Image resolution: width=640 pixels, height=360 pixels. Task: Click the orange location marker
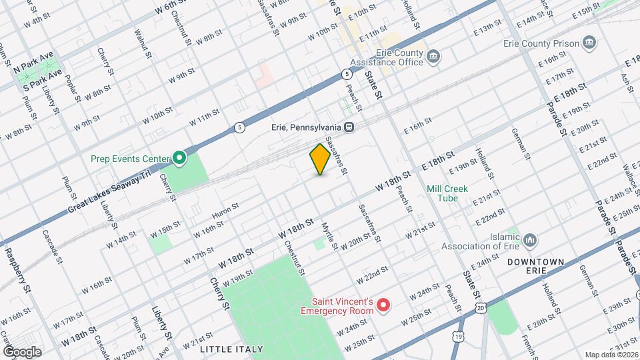point(320,159)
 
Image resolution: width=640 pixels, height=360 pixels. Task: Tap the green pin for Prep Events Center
point(179,158)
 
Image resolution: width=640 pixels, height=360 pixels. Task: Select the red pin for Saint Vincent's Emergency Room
point(383,305)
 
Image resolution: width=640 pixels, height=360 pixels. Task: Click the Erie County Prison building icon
point(589,44)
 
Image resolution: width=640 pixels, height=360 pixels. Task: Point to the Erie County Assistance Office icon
point(434,56)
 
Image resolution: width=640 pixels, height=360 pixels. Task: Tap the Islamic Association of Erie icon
point(530,239)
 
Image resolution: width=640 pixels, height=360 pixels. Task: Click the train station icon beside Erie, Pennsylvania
point(348,127)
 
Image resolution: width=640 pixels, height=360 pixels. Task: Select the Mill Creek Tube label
point(448,193)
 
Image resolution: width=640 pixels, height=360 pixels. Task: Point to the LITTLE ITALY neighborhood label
point(227,349)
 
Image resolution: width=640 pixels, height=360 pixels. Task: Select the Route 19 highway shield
point(458,337)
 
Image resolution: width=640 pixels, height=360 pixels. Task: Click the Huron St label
point(225,211)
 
